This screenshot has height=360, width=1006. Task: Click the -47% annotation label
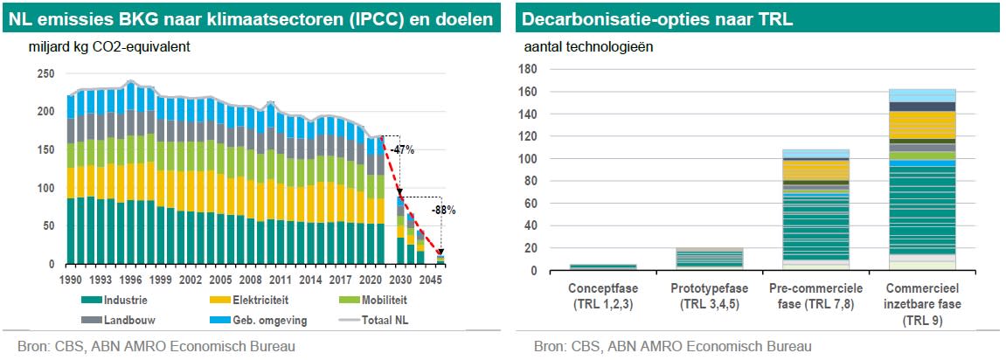(401, 149)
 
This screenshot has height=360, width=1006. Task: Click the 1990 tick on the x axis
(72, 280)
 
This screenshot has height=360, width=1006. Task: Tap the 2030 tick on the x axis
(400, 280)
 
